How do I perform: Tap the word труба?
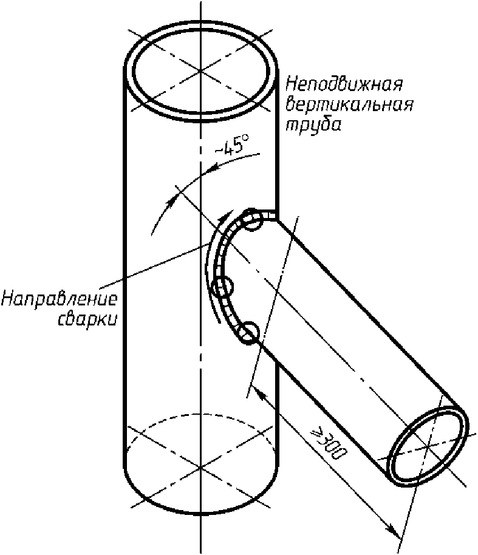pyautogui.click(x=314, y=125)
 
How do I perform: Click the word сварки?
pyautogui.click(x=87, y=320)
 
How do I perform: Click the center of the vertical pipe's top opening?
pyautogui.click(x=200, y=72)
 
